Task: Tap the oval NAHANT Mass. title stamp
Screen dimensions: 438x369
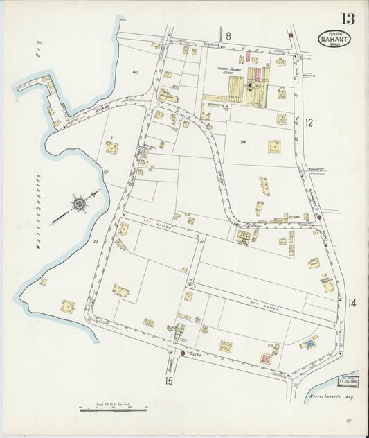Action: tap(335, 39)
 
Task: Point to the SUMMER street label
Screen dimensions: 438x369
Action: tap(211, 44)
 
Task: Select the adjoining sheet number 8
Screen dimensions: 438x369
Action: tap(228, 35)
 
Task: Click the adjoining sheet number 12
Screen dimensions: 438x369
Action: tap(309, 123)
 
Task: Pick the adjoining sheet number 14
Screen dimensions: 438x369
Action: tap(352, 302)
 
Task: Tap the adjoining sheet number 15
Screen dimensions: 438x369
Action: tap(168, 380)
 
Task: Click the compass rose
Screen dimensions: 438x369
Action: tap(79, 204)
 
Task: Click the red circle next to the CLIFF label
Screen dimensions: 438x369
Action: tap(182, 353)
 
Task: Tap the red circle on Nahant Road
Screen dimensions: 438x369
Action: tap(318, 217)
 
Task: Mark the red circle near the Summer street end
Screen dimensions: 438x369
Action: tap(291, 35)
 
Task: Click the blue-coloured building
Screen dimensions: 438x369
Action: tap(310, 343)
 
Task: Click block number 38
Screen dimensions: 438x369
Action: tap(242, 141)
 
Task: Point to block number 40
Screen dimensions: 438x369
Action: tap(135, 72)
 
